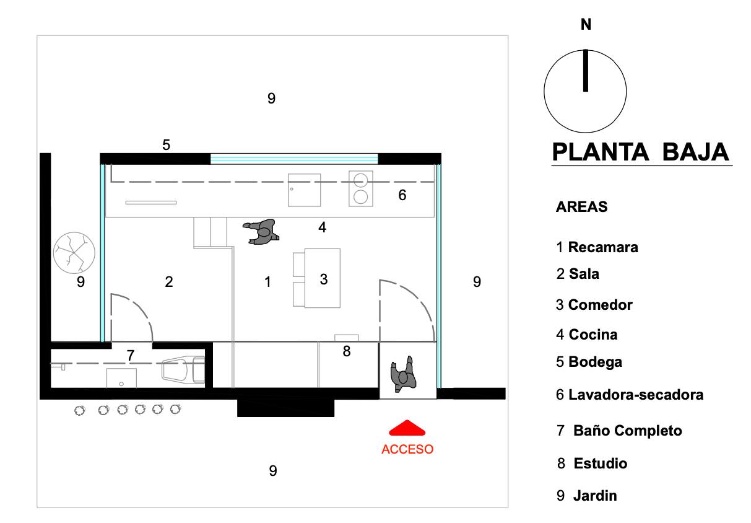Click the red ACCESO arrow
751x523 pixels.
[407, 428]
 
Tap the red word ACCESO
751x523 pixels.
[407, 449]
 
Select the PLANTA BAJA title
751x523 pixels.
[640, 152]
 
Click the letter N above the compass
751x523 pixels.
[586, 25]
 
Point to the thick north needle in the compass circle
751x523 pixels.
[585, 71]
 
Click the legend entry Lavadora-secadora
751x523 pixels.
[630, 395]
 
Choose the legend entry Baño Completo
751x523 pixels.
[620, 431]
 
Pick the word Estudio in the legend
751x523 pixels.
[601, 464]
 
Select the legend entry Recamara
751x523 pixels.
[597, 247]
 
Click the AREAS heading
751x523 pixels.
[582, 206]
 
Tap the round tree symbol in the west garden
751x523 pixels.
[74, 253]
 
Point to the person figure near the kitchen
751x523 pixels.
[261, 232]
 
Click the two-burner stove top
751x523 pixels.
[361, 188]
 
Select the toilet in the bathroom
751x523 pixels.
[183, 371]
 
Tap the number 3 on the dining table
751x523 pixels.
[324, 279]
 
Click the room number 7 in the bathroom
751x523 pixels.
[131, 355]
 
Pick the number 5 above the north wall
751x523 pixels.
[166, 145]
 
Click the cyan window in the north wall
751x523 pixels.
[294, 159]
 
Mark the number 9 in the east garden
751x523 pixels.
[477, 281]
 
